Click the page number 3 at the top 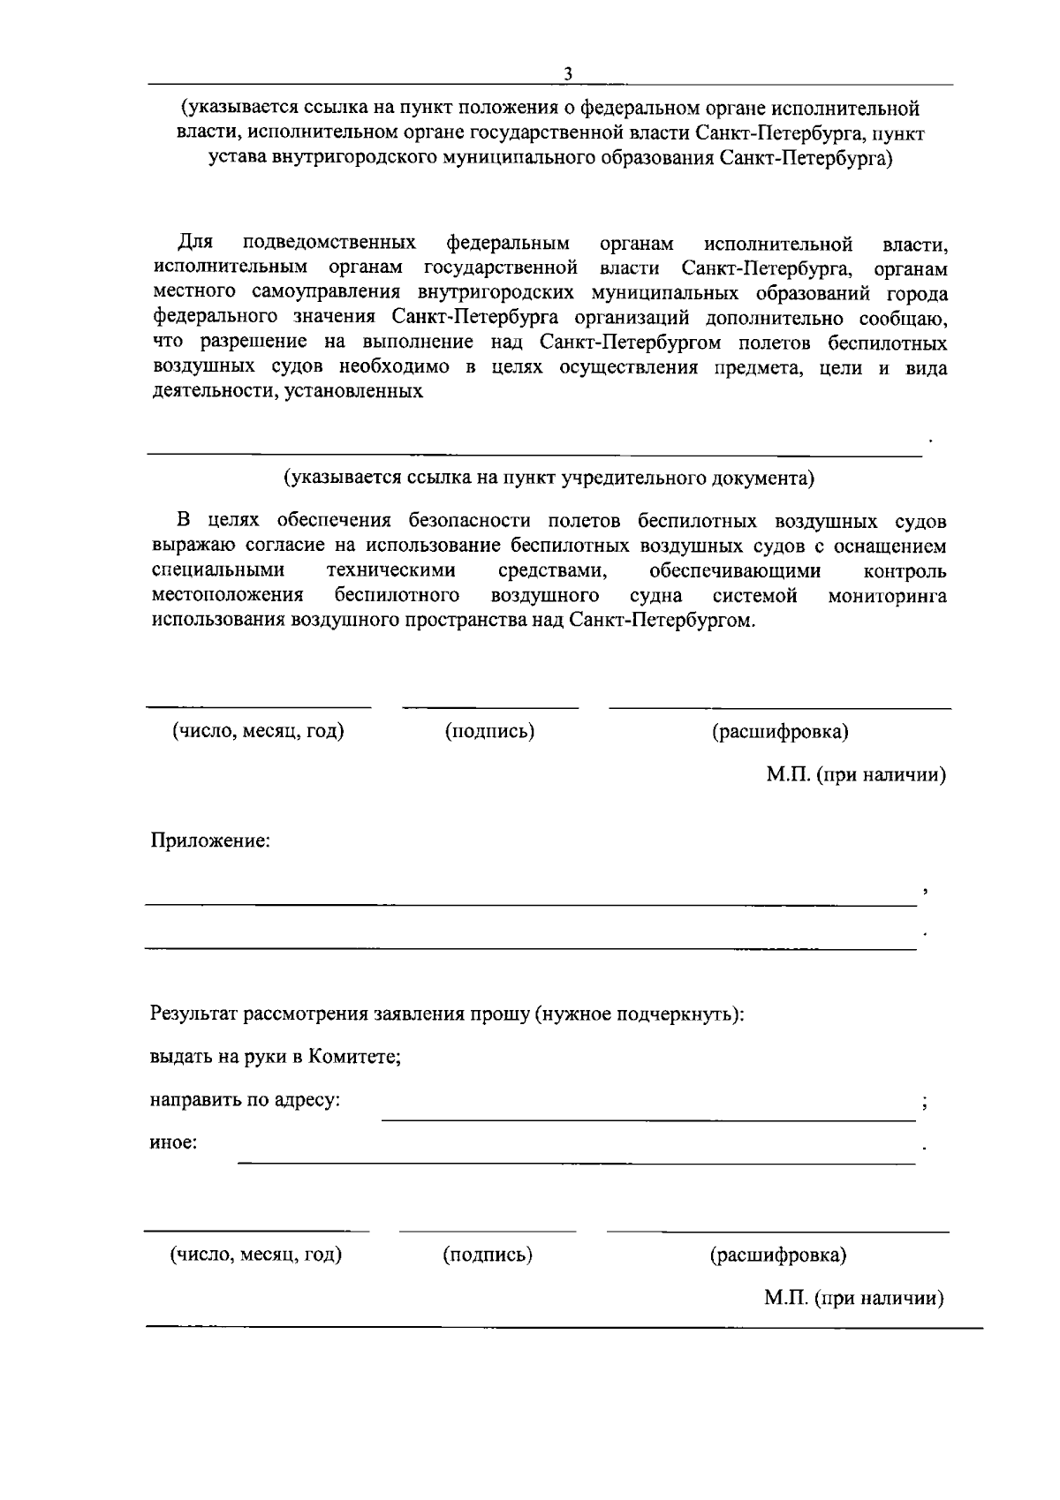(568, 74)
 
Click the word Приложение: (210, 840)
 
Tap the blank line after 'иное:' (576, 1161)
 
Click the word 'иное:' (173, 1142)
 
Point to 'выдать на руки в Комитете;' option (276, 1057)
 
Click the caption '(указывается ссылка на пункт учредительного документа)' (549, 478)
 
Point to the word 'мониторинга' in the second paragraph (887, 596)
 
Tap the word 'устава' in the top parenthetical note (237, 159)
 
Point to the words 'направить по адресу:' (245, 1100)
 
